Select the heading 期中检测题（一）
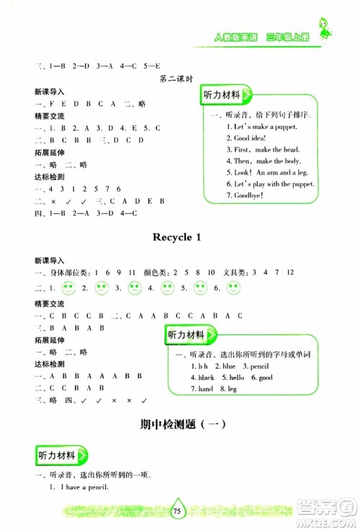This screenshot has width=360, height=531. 180,424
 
